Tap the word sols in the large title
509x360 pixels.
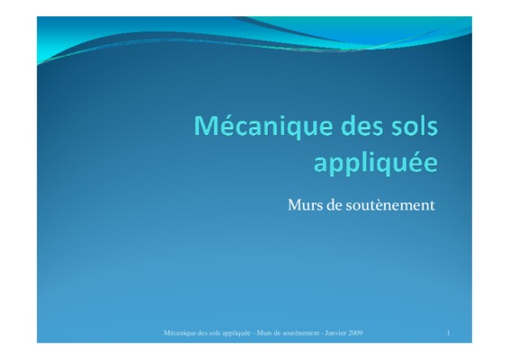(416, 125)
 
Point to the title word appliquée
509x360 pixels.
(376, 163)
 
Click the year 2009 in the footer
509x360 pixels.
(355, 333)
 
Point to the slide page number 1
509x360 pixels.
(449, 333)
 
